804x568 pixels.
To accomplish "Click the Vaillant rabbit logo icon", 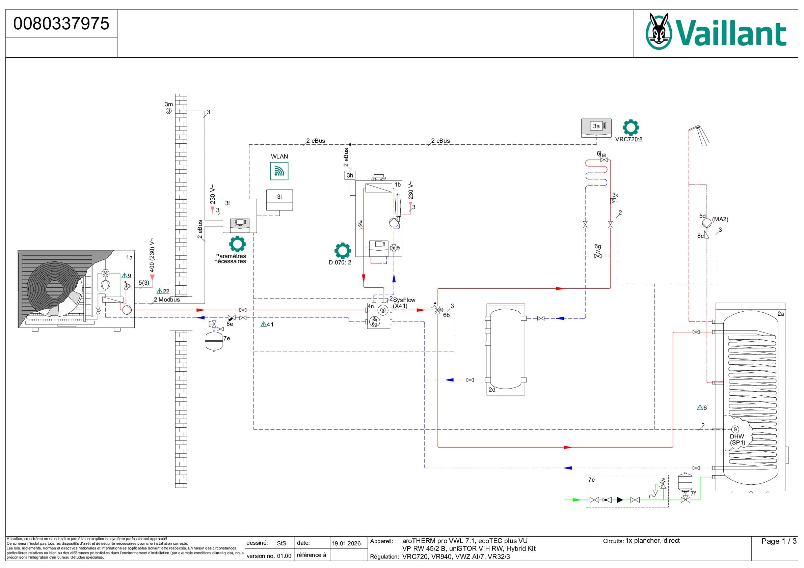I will tap(659, 31).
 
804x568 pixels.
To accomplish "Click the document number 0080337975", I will tap(61, 24).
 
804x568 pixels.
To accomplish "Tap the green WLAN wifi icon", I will tap(279, 171).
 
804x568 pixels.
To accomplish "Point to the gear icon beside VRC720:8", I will tap(631, 128).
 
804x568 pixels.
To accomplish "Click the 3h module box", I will tap(350, 175).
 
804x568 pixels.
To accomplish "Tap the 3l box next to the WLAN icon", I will tap(279, 200).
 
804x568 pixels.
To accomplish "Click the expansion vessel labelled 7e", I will tap(212, 340).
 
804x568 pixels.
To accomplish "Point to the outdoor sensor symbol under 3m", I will tap(169, 111).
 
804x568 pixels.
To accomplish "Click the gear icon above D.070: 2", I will tap(343, 250).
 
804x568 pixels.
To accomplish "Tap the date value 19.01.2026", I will tap(346, 543).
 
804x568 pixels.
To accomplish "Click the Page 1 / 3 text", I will tap(778, 541).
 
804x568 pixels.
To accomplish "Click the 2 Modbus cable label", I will tap(167, 300).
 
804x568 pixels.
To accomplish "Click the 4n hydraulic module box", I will tap(378, 316).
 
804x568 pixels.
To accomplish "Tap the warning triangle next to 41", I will tap(263, 324).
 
